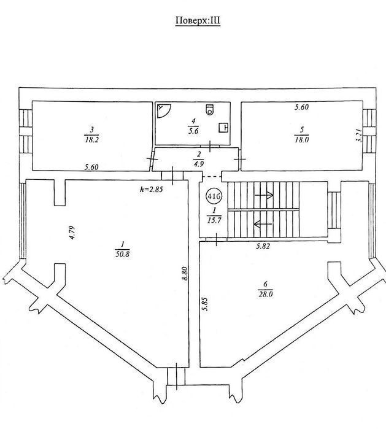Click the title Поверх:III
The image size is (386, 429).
(x=198, y=21)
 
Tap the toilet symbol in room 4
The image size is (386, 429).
(x=210, y=109)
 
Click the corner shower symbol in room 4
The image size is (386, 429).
(x=164, y=111)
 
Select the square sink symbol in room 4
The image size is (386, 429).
(x=223, y=128)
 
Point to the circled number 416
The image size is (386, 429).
(x=214, y=196)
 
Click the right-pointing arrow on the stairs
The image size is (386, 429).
(x=264, y=195)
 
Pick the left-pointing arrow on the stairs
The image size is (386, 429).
(x=263, y=224)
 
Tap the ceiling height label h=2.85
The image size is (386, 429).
(x=152, y=189)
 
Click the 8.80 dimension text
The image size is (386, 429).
(x=185, y=273)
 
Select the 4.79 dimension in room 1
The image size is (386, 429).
(x=72, y=232)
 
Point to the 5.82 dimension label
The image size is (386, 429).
(x=263, y=246)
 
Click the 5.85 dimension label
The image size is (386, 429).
(x=205, y=304)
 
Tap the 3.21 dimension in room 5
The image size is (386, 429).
(x=360, y=136)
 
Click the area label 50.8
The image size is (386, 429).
(x=123, y=254)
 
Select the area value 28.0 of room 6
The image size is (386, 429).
(x=266, y=295)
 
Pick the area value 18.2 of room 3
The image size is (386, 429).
(x=91, y=139)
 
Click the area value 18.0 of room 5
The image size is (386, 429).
(x=301, y=139)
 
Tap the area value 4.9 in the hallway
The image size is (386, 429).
(x=199, y=164)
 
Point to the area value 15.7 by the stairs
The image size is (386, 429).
(x=214, y=220)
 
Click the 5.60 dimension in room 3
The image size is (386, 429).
(x=91, y=167)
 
